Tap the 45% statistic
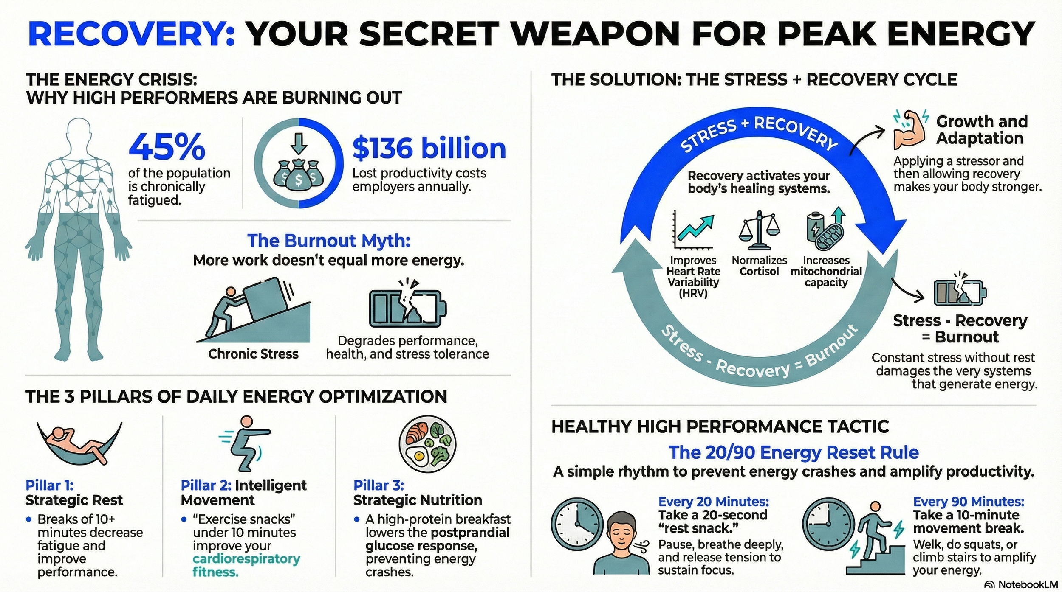click(x=167, y=147)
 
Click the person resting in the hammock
click(x=79, y=443)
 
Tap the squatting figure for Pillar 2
click(x=245, y=443)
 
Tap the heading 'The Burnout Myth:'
click(x=329, y=241)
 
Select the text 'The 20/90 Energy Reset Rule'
click(x=793, y=453)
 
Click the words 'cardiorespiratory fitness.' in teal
click(x=246, y=565)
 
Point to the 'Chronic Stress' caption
click(x=253, y=354)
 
